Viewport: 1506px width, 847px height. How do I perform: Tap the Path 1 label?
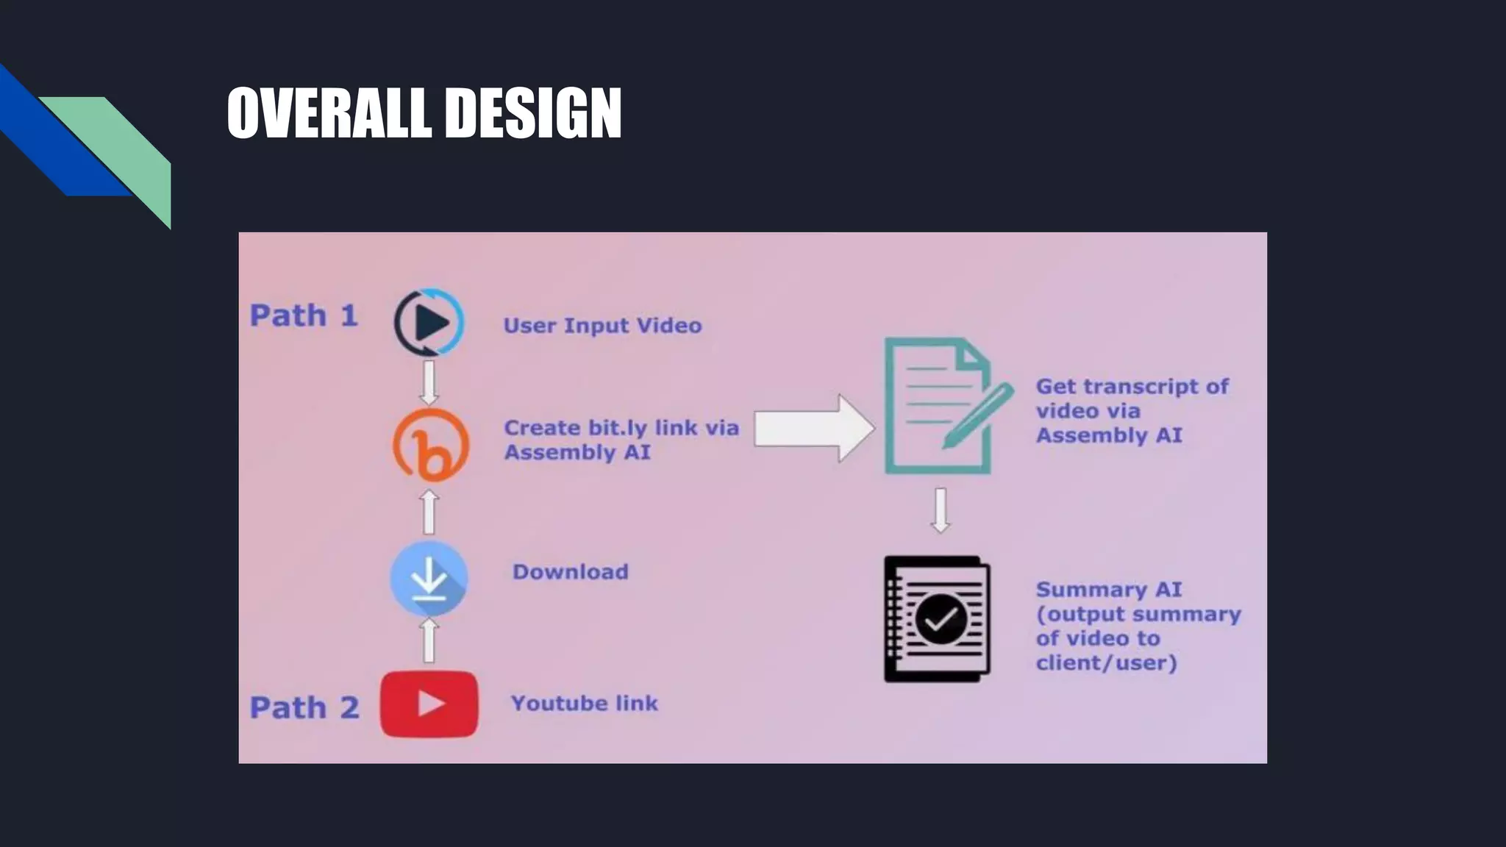point(304,315)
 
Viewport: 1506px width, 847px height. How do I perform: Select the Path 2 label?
point(304,707)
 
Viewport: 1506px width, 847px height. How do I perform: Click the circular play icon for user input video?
point(429,322)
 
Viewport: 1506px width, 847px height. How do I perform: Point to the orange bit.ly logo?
point(431,446)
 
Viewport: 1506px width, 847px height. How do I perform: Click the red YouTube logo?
point(429,704)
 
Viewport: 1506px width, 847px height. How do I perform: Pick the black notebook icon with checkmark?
point(938,619)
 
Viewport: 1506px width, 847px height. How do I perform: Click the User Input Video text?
point(602,325)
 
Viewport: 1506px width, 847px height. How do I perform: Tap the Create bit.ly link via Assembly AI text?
point(621,440)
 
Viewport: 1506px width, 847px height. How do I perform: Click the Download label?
point(571,572)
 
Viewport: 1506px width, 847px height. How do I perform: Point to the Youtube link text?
point(585,704)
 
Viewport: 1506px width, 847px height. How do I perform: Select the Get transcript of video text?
point(1132,410)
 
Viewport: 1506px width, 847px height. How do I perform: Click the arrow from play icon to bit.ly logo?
point(429,382)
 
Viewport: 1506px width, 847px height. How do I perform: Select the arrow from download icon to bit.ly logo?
point(429,512)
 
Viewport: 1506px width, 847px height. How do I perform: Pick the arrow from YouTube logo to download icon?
point(429,640)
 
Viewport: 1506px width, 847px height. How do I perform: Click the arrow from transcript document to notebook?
point(941,510)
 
